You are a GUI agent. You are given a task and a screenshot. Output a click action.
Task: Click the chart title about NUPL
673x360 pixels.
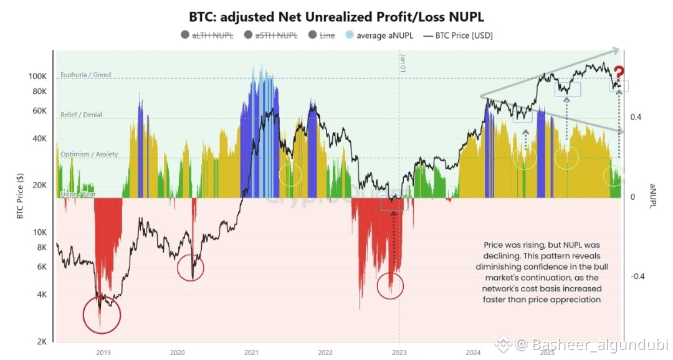[x=336, y=17]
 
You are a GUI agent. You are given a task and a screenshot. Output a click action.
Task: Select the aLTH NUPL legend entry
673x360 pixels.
[x=212, y=36]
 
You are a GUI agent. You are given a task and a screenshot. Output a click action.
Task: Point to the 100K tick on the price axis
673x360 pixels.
[x=38, y=76]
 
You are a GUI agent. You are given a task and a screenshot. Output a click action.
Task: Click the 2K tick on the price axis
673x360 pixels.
[x=42, y=342]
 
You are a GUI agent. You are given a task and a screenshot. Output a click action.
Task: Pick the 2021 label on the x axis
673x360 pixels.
[x=251, y=353]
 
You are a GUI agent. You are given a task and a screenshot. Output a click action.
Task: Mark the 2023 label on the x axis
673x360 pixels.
[x=399, y=353]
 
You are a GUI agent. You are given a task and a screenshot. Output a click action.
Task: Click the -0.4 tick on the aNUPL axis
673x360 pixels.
[x=636, y=277]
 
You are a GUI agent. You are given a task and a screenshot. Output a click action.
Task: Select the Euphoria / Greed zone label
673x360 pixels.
[x=85, y=75]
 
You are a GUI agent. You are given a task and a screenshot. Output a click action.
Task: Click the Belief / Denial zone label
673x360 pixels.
[x=81, y=115]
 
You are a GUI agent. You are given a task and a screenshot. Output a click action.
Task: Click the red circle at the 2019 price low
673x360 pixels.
[x=101, y=314]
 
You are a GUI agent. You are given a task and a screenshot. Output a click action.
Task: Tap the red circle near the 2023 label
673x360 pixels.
[x=390, y=286]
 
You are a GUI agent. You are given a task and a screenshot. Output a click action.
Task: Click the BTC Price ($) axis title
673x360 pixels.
[x=21, y=196]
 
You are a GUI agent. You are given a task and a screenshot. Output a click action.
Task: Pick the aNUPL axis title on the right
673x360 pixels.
[x=652, y=196]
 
